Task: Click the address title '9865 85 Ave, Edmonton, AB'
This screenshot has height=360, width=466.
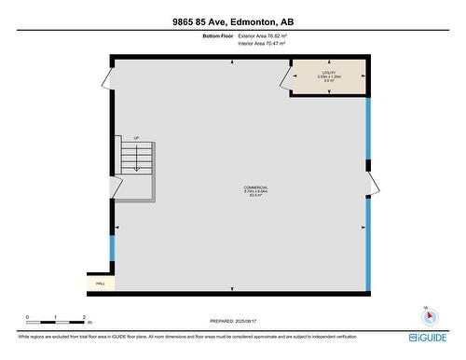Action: tap(232, 21)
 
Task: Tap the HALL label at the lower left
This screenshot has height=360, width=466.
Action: tap(101, 283)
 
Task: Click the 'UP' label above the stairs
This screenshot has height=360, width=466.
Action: tap(136, 138)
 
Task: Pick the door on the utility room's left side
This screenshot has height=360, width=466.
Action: tap(286, 76)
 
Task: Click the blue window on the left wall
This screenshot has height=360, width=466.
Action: tap(113, 247)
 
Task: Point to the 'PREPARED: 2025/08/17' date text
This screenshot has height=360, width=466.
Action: tap(233, 320)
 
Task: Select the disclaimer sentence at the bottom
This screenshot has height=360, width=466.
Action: tap(186, 336)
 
